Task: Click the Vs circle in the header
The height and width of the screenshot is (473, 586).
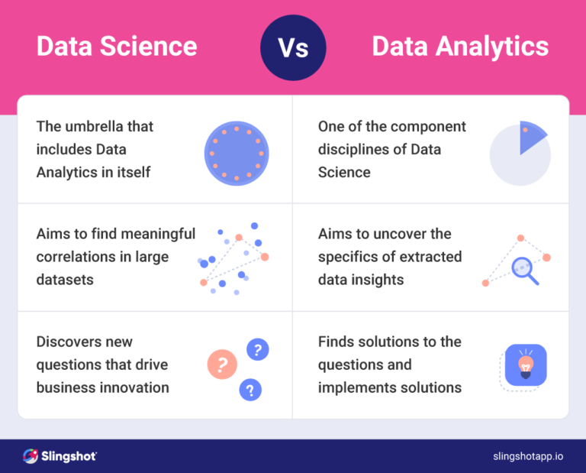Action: point(293,47)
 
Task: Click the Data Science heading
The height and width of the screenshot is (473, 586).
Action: point(117,47)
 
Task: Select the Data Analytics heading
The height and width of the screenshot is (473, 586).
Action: point(460,47)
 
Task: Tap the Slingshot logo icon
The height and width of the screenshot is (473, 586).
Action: point(31,456)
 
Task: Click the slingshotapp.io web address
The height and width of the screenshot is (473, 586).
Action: point(528,456)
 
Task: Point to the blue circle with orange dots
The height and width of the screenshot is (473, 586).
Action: point(237,153)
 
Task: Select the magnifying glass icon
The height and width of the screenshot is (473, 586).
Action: point(524,270)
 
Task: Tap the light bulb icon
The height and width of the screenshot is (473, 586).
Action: point(526,365)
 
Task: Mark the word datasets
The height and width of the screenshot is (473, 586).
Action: point(65,280)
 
